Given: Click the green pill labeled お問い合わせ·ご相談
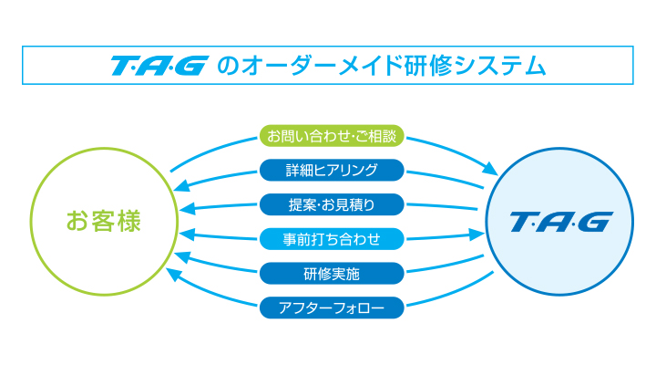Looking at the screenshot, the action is tap(332, 136).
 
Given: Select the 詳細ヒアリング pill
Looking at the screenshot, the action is tap(332, 170).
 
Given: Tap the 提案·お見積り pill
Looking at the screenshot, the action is tap(332, 204).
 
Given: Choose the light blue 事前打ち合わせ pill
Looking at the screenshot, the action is tap(332, 239).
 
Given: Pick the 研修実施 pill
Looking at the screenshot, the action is tap(332, 273).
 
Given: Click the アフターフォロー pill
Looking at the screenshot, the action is tap(332, 308).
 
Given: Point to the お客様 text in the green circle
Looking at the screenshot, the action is tap(104, 221).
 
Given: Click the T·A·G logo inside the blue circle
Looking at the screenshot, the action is tap(561, 222).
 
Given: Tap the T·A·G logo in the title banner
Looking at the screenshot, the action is tap(159, 66).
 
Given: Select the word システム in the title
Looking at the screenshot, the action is tap(499, 66).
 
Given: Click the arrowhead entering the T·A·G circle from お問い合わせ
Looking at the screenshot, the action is tap(490, 169).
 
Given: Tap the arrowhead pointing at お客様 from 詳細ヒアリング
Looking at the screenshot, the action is tap(181, 186).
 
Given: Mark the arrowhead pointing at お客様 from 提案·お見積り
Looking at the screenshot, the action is tap(187, 208).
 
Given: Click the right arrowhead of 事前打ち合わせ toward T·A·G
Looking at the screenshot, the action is tap(477, 235).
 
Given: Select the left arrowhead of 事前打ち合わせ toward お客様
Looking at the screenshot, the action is tap(187, 235).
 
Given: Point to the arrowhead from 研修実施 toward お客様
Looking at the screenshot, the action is tap(182, 256).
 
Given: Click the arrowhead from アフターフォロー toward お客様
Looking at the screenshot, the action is tap(174, 274).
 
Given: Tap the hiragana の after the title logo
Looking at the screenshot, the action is tap(228, 67).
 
